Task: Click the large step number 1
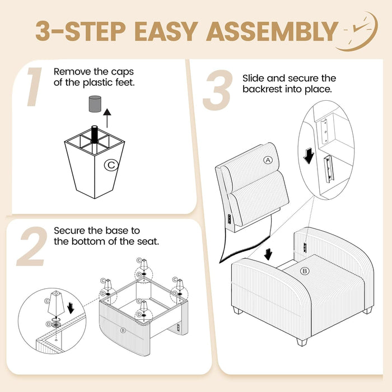(x=34, y=87)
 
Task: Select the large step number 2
(x=32, y=246)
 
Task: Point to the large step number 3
(x=217, y=90)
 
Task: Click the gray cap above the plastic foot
(x=95, y=104)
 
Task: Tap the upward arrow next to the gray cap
(x=108, y=118)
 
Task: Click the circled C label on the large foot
(x=111, y=165)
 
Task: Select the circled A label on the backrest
(x=268, y=160)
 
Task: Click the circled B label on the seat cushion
(x=305, y=271)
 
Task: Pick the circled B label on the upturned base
(x=123, y=330)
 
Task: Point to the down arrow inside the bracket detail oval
(x=309, y=156)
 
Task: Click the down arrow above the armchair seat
(x=268, y=254)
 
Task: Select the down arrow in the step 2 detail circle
(x=71, y=308)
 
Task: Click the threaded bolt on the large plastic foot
(x=95, y=134)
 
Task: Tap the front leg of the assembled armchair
(x=302, y=342)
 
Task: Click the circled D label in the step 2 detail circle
(x=49, y=324)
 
